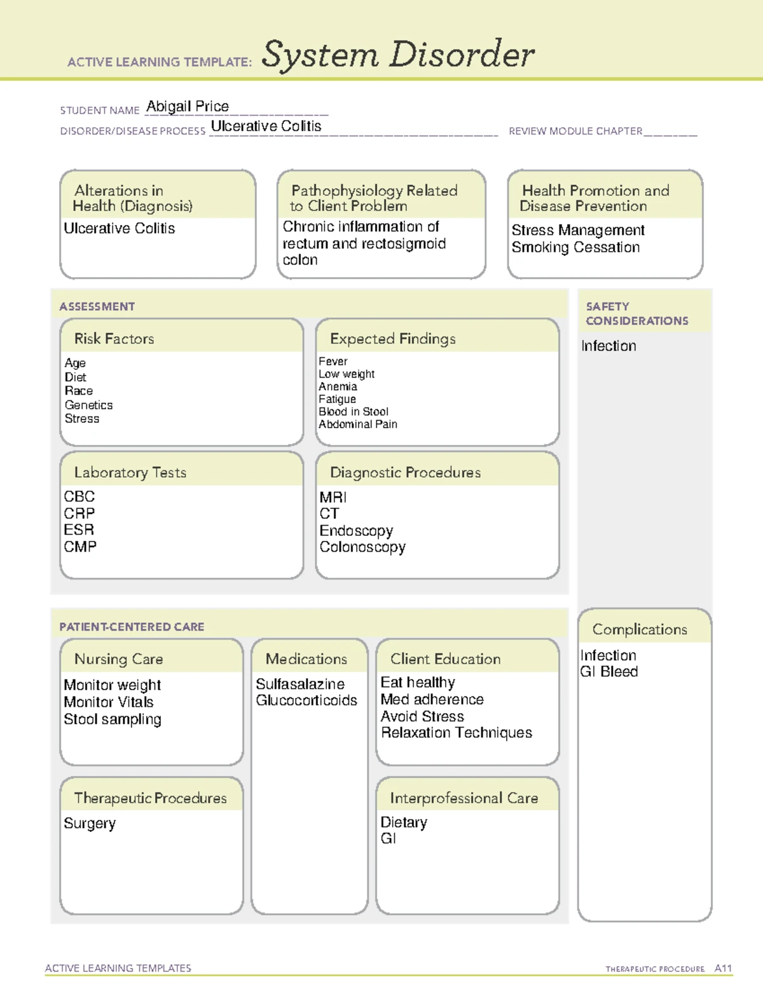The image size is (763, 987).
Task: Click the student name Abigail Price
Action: (188, 106)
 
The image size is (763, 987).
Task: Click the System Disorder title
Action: (398, 55)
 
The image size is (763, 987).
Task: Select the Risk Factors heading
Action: (114, 339)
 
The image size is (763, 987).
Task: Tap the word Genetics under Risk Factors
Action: (88, 405)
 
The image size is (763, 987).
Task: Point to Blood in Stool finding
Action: (354, 412)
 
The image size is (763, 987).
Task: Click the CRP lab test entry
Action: (79, 513)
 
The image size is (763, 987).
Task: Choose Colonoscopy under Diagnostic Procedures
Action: (362, 547)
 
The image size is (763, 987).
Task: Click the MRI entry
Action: (333, 497)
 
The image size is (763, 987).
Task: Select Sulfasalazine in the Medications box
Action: (300, 684)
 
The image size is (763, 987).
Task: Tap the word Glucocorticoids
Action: (306, 700)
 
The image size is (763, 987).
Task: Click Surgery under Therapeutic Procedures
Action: (90, 824)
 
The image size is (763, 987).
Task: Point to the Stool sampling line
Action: (113, 719)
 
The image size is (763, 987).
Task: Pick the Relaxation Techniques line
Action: (457, 733)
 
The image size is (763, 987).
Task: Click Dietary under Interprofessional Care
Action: (404, 822)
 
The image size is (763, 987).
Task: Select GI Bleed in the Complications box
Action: (609, 672)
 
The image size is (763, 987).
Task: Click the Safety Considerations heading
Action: (636, 314)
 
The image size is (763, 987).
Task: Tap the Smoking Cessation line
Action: (575, 247)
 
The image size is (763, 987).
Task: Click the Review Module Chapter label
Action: (575, 131)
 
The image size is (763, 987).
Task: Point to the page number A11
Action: (723, 969)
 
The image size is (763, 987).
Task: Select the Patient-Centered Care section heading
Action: (132, 627)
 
